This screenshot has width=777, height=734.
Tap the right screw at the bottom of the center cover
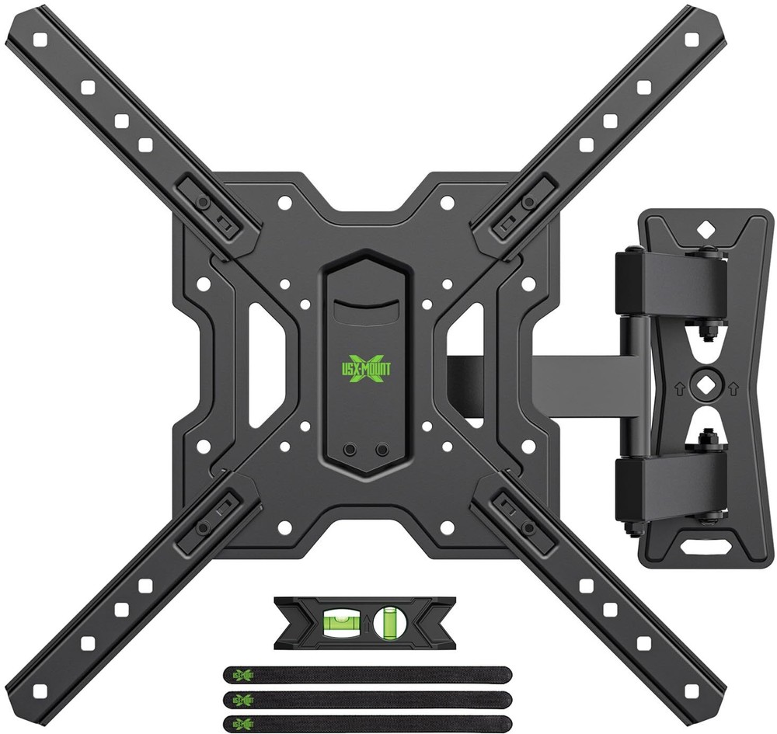(381, 450)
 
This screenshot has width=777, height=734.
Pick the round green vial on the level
(387, 624)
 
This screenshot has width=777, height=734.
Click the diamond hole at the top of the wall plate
(705, 229)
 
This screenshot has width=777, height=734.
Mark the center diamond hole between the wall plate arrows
(705, 384)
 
